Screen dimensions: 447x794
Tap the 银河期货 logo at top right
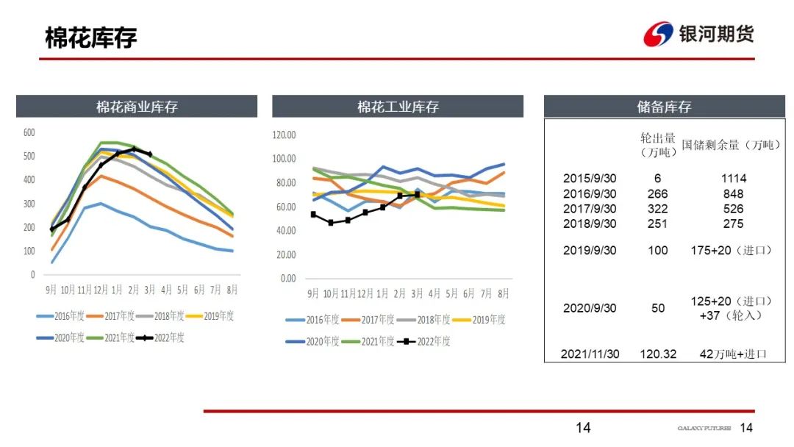(x=698, y=34)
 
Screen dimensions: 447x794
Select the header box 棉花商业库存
(x=137, y=107)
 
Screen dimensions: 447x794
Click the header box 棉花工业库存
(x=398, y=107)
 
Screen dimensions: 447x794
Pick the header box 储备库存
(x=664, y=107)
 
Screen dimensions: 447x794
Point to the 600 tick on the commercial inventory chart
(x=29, y=132)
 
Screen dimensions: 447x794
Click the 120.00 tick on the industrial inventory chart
(x=284, y=135)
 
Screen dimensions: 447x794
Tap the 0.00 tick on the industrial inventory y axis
(x=287, y=279)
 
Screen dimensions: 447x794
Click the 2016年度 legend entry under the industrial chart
(x=315, y=320)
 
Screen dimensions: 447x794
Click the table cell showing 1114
(x=733, y=179)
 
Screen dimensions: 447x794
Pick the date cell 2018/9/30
(x=590, y=223)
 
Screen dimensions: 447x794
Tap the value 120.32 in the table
(x=658, y=354)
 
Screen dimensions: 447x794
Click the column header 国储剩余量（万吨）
(x=731, y=145)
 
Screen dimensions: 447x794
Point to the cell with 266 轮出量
(x=658, y=194)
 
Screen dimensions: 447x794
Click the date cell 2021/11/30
(x=590, y=354)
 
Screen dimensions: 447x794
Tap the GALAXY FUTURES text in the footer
(x=704, y=428)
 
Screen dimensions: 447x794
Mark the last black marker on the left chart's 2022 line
(x=149, y=154)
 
